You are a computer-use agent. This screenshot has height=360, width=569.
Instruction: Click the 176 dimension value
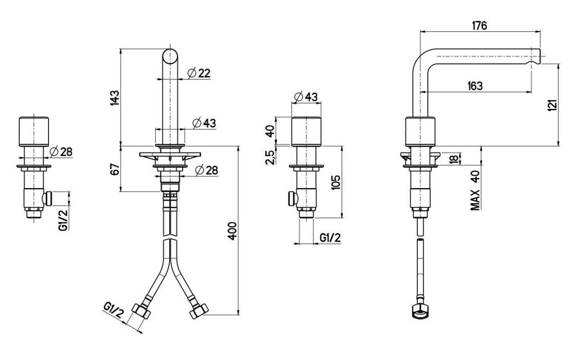(479, 26)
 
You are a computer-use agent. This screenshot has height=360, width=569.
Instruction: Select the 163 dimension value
(475, 86)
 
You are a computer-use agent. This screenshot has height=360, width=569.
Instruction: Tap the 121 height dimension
(553, 105)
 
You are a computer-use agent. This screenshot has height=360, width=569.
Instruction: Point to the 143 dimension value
(115, 98)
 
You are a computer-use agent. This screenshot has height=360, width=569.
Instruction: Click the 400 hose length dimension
(232, 231)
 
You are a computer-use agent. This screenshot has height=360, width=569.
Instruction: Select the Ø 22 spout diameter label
(199, 73)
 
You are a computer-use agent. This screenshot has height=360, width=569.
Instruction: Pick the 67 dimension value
(115, 169)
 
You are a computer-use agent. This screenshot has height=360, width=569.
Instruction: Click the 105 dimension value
(336, 182)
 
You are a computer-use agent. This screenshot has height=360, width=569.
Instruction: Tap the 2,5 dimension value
(270, 157)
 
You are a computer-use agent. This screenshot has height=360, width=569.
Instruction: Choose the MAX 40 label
(475, 190)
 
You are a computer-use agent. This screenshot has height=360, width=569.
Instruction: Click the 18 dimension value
(454, 159)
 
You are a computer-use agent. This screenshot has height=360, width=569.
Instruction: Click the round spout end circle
(170, 56)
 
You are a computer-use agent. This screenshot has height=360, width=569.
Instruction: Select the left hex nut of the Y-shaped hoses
(141, 311)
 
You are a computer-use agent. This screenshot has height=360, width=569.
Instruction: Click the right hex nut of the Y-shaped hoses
(199, 311)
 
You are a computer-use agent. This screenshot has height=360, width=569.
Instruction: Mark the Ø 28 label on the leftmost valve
(61, 152)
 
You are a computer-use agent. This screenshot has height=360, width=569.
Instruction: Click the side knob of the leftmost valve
(48, 198)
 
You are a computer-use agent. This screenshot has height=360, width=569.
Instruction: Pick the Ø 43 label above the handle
(306, 97)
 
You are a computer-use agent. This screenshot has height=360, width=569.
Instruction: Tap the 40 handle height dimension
(270, 131)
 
